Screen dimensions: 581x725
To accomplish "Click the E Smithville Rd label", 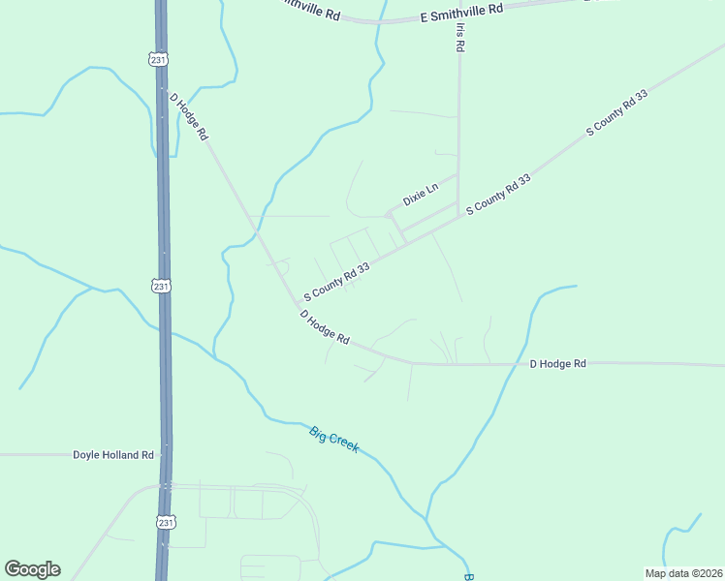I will [462, 12].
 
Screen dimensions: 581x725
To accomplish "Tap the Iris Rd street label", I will [459, 38].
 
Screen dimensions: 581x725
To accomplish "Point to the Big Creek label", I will [334, 440].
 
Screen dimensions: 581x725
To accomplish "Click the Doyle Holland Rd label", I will [113, 454].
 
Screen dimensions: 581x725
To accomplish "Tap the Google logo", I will [32, 569].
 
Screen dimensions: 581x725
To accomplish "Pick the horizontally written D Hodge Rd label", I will [557, 364].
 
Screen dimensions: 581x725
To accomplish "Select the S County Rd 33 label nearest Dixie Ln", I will [499, 195].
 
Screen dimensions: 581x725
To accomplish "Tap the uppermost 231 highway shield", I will [158, 59].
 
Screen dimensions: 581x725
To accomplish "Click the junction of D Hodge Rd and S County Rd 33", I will [299, 304].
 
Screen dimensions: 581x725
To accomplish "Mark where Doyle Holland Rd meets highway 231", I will [165, 453].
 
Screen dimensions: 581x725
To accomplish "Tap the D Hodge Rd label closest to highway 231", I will [189, 117].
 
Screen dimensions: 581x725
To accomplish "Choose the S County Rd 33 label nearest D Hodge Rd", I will [336, 281].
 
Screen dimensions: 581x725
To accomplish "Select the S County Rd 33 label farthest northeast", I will [617, 112].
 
